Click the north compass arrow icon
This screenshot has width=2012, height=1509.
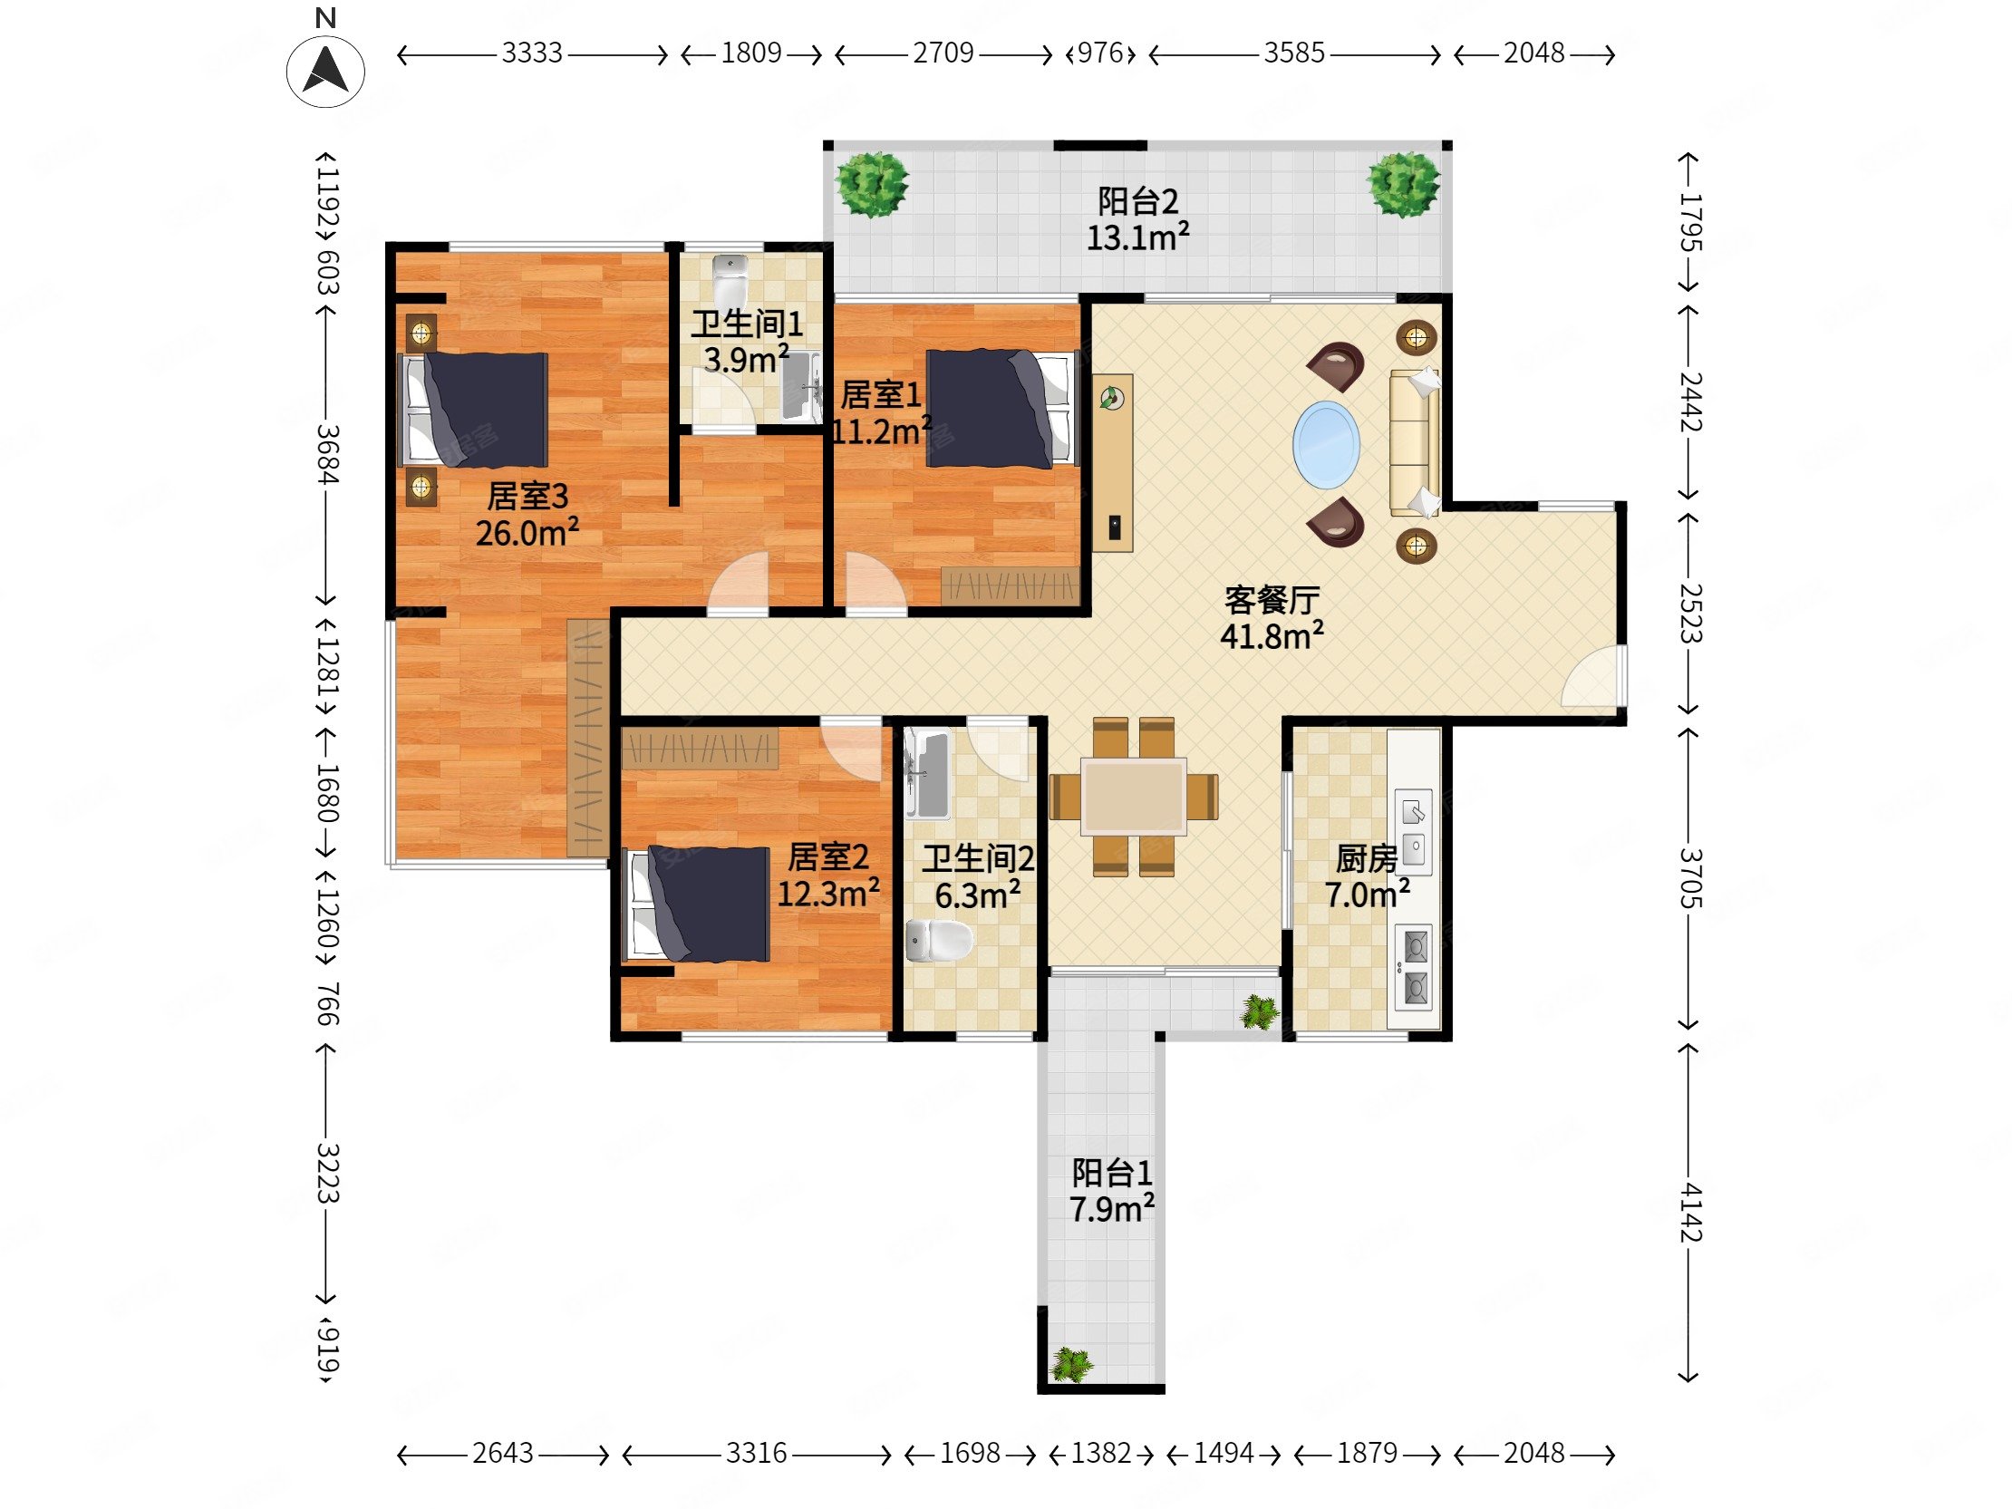tap(325, 71)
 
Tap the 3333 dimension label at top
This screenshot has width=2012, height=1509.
tap(532, 53)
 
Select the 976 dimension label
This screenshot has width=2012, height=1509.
tap(1100, 53)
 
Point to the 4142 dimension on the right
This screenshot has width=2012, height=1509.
tap(1689, 1212)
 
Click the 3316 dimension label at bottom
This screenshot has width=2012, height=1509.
tap(756, 1454)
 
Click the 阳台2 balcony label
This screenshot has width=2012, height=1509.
tap(1138, 200)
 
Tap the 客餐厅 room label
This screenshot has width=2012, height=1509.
tap(1272, 599)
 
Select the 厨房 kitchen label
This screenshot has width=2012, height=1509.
tap(1366, 857)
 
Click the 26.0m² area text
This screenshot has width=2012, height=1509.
tap(527, 532)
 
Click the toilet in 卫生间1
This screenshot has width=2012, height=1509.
tap(730, 279)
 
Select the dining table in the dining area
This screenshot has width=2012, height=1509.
tap(1134, 797)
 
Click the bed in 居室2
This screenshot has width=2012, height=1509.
tap(697, 904)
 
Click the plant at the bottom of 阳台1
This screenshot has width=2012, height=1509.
tap(1070, 1364)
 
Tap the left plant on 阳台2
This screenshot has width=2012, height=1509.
tap(872, 185)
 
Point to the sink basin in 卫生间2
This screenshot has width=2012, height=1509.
tap(928, 774)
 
